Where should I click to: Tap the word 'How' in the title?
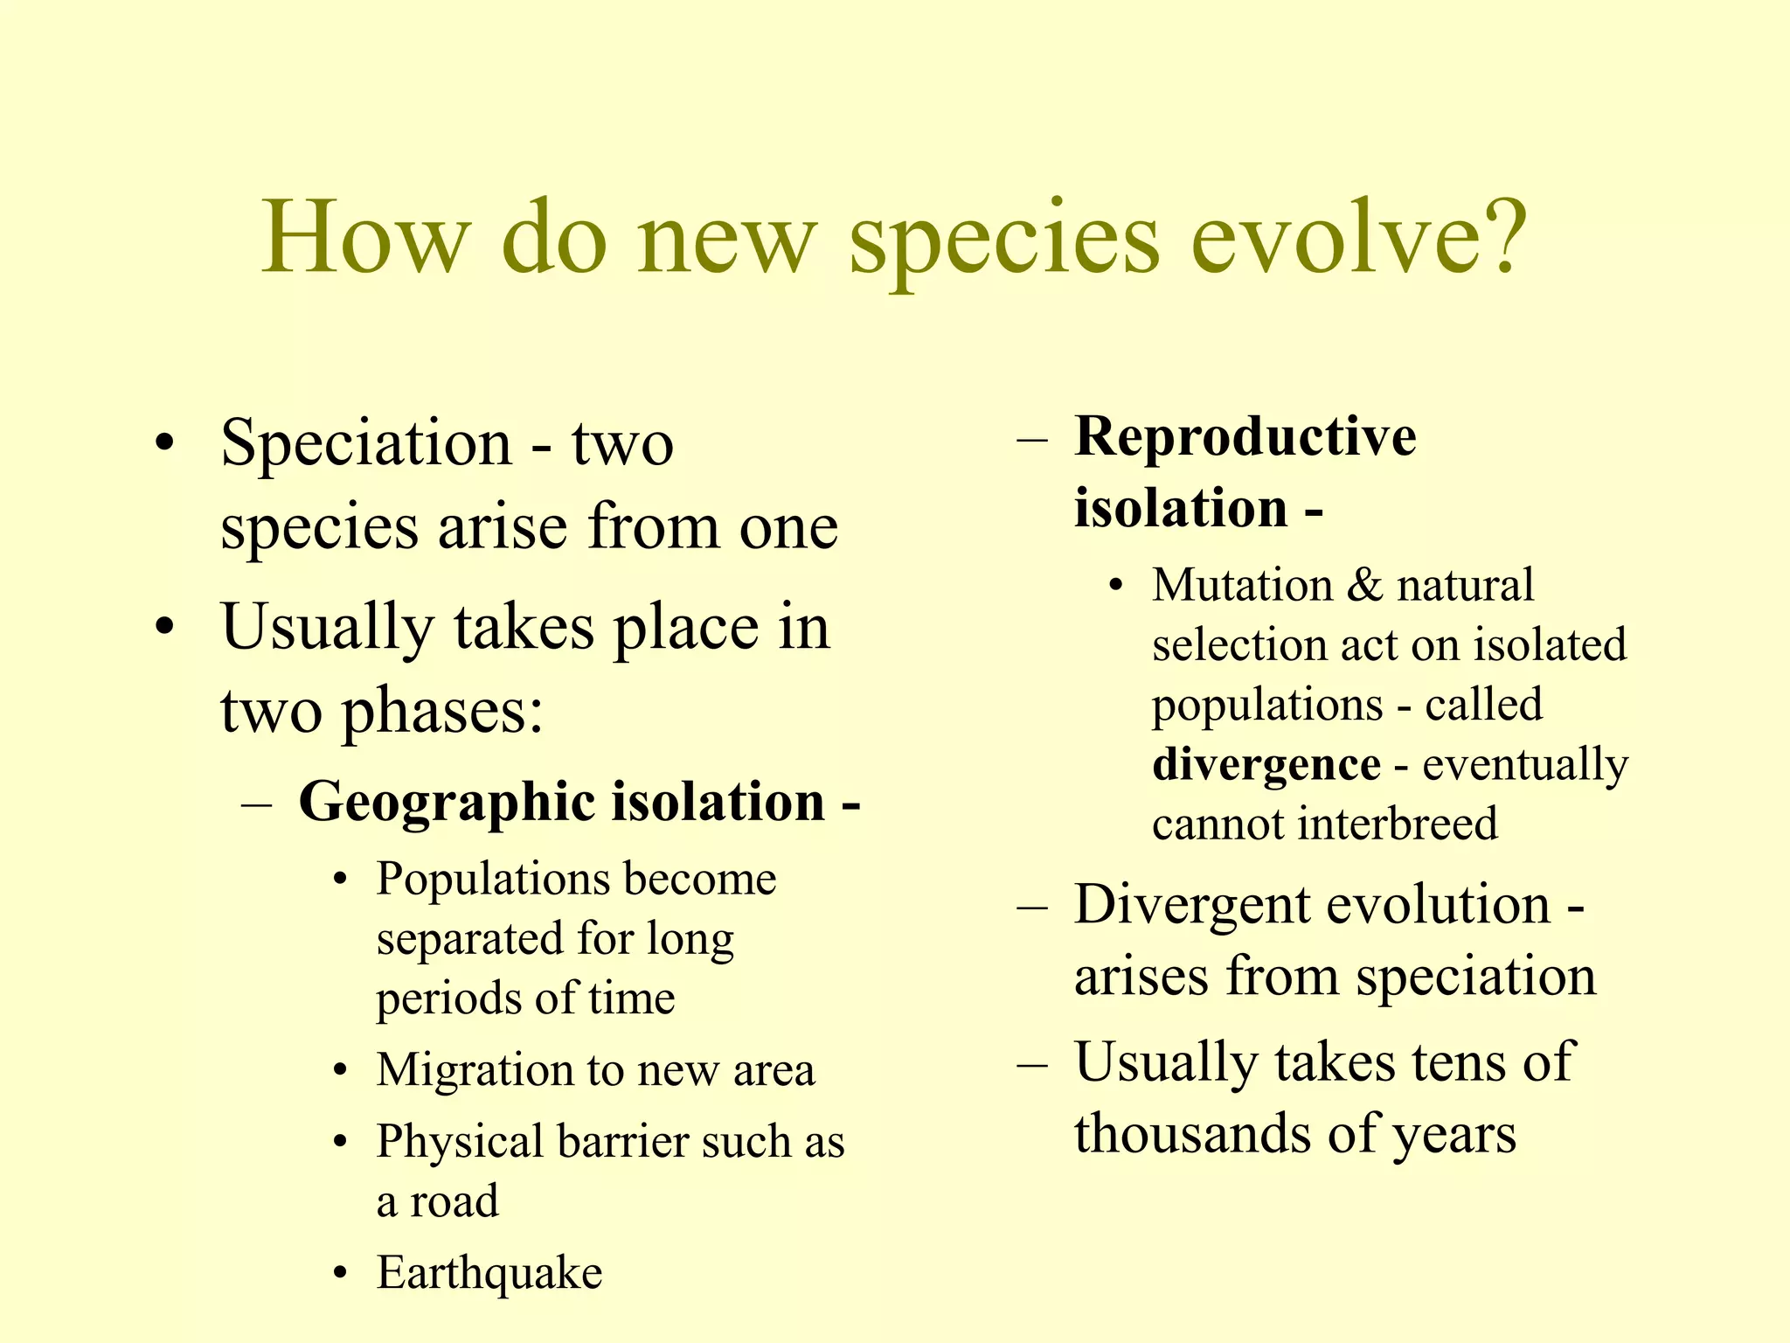click(x=365, y=238)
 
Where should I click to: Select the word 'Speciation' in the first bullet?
click(x=366, y=444)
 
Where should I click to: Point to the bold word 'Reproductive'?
click(x=1245, y=436)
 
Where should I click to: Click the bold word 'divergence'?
click(x=1266, y=764)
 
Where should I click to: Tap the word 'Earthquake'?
click(x=489, y=1273)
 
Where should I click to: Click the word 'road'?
click(x=454, y=1201)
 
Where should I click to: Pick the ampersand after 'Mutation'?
click(x=1364, y=585)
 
